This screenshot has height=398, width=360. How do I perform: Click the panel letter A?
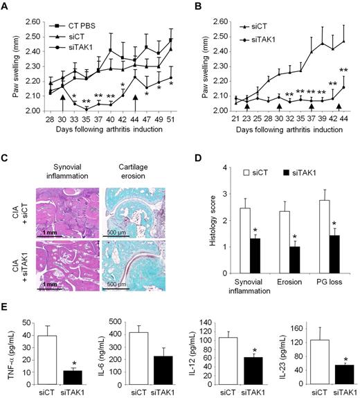tap(6, 7)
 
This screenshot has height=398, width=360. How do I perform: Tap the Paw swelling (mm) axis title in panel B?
tap(191, 66)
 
